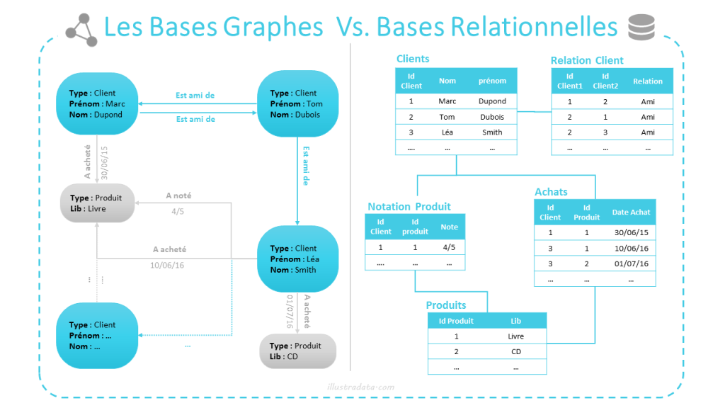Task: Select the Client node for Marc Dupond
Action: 96,103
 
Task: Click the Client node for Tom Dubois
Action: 296,103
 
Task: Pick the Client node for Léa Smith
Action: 296,259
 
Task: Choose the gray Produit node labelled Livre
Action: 96,203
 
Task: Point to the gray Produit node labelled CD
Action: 297,351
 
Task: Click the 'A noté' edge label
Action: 178,195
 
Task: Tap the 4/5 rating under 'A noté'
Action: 178,211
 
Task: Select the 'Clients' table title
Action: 413,59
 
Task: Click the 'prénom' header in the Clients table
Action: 492,81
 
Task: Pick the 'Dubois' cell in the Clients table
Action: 492,117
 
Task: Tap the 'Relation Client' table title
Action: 587,60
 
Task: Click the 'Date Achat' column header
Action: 630,212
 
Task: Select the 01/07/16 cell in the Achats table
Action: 630,263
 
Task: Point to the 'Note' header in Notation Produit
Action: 449,227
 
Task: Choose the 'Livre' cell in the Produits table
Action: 515,336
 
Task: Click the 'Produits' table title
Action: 446,305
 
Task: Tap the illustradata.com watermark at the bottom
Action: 361,387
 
